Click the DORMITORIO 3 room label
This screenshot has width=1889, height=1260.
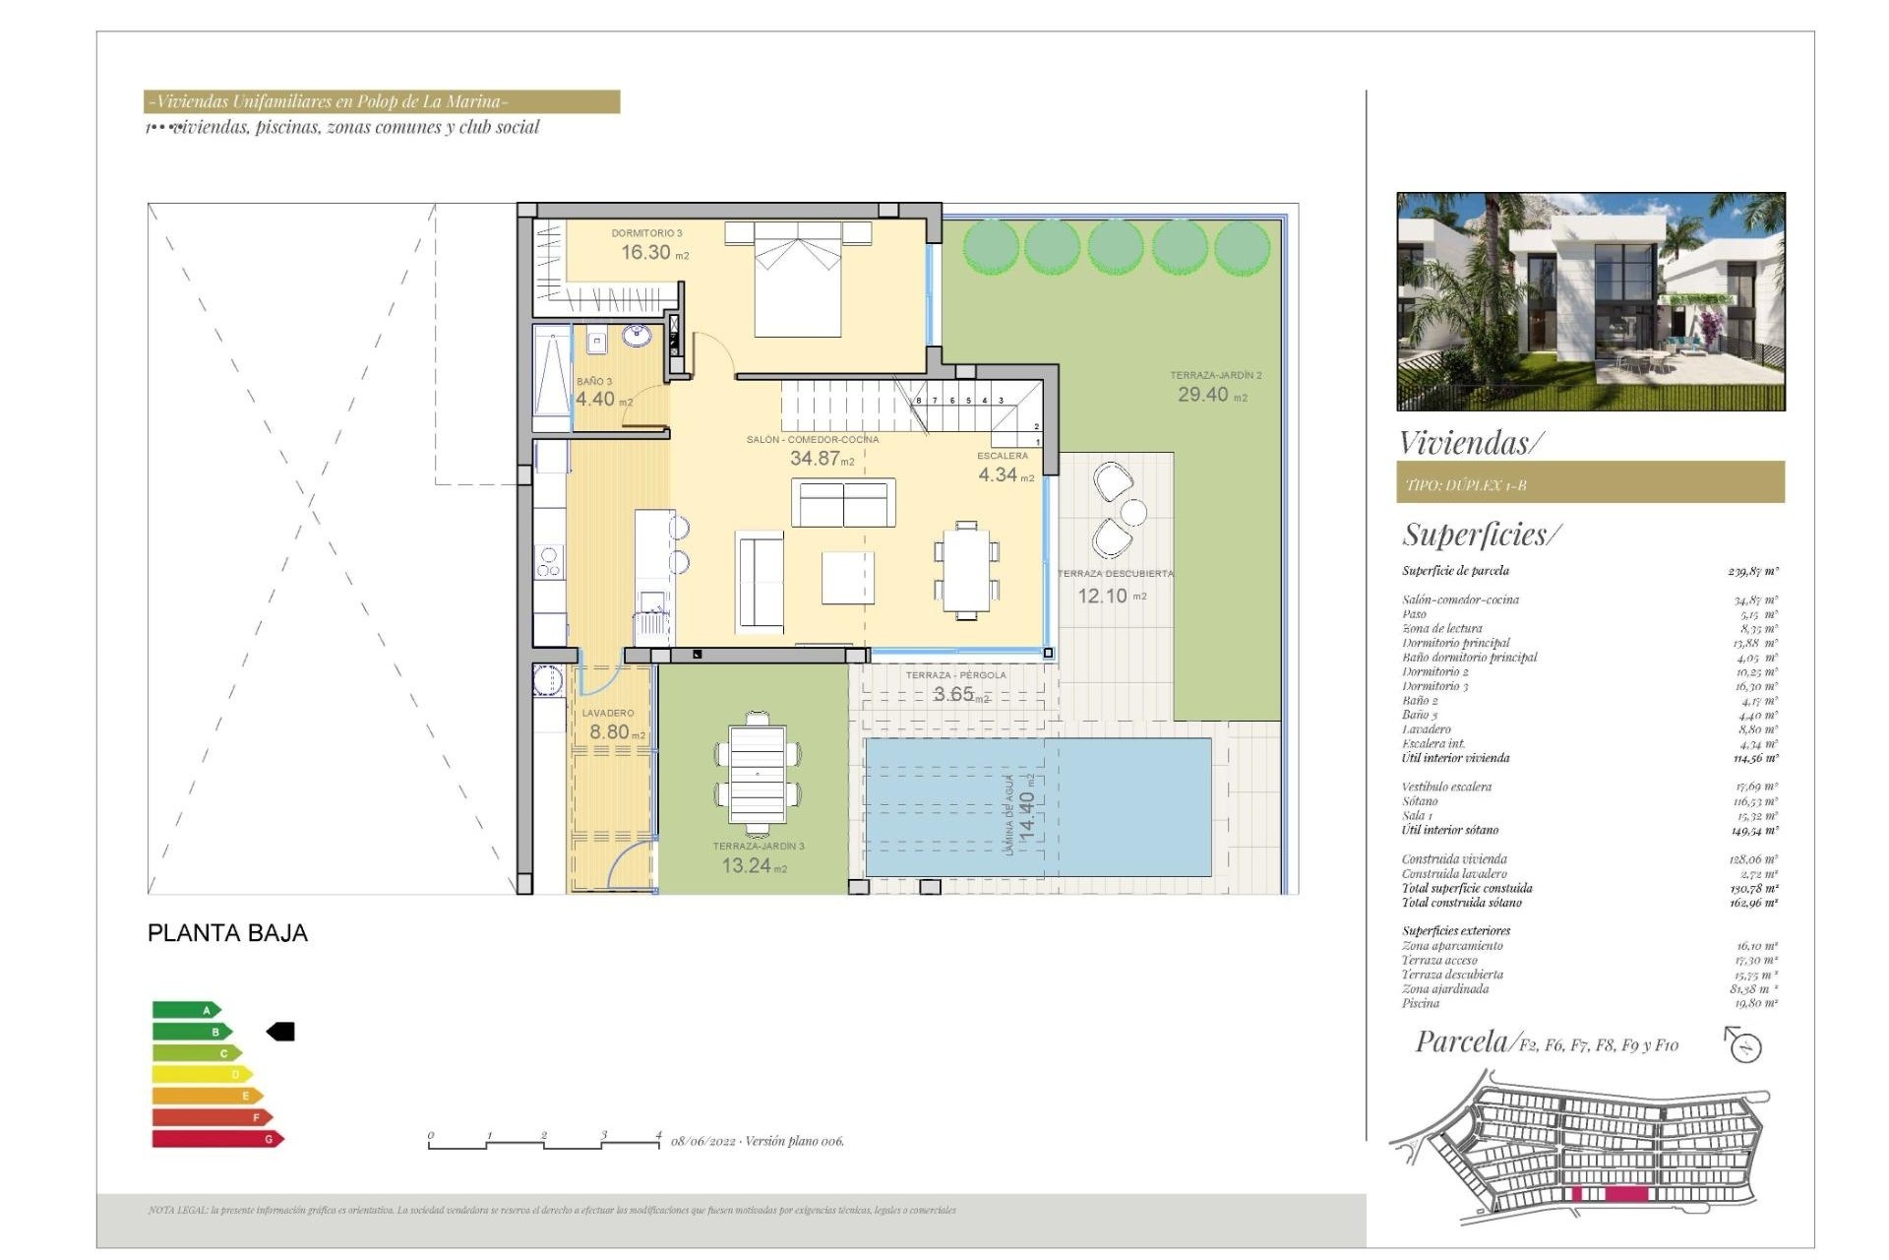pyautogui.click(x=646, y=233)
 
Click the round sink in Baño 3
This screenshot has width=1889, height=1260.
pyautogui.click(x=637, y=337)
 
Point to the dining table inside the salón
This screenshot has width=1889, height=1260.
pyautogui.click(x=966, y=571)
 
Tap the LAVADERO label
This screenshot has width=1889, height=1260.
pyautogui.click(x=608, y=713)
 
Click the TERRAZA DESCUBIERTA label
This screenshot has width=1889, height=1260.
pyautogui.click(x=1115, y=573)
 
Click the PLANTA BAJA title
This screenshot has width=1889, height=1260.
pyautogui.click(x=227, y=933)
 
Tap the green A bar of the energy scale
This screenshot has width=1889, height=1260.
pyautogui.click(x=186, y=1010)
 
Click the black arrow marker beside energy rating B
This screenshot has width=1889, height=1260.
pyautogui.click(x=281, y=1032)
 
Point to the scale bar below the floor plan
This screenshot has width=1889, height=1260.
pyautogui.click(x=544, y=1142)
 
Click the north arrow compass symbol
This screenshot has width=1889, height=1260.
pyautogui.click(x=1743, y=1044)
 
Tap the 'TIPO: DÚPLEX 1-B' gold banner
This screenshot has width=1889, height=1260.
pyautogui.click(x=1589, y=484)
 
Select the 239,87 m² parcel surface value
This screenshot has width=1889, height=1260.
pyautogui.click(x=1752, y=571)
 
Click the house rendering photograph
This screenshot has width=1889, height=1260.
pyautogui.click(x=1590, y=301)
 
